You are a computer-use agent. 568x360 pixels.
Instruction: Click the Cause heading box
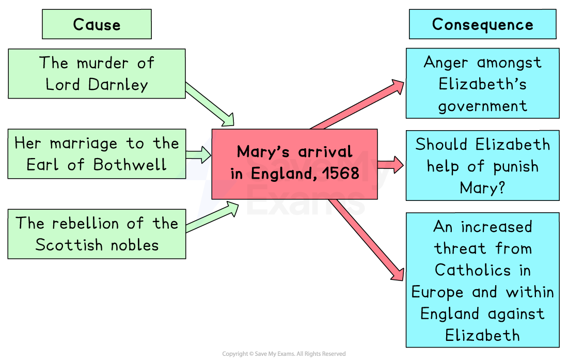[97, 24]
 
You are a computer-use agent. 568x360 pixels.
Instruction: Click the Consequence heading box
[482, 24]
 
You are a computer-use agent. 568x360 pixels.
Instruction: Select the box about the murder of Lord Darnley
[97, 73]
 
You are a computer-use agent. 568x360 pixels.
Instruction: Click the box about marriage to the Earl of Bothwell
[97, 154]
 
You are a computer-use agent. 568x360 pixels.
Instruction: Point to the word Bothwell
[130, 165]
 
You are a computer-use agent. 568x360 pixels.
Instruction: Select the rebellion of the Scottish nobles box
[97, 234]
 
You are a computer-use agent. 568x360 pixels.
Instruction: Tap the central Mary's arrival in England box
[294, 163]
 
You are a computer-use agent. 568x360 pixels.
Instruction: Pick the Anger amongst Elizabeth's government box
[482, 84]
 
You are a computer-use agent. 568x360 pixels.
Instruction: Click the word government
[482, 106]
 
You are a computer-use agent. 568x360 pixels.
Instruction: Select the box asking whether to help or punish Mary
[482, 165]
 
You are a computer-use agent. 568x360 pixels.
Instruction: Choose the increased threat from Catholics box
[482, 280]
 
